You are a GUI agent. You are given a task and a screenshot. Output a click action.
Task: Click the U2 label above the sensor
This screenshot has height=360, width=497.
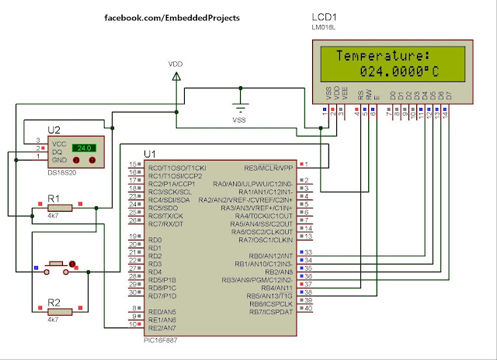54,131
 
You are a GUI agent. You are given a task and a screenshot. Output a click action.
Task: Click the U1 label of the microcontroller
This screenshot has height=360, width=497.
150,154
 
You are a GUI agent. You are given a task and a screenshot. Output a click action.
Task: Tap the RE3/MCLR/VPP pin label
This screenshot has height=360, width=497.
271,166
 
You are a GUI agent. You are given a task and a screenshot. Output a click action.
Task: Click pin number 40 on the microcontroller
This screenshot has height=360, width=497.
308,308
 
